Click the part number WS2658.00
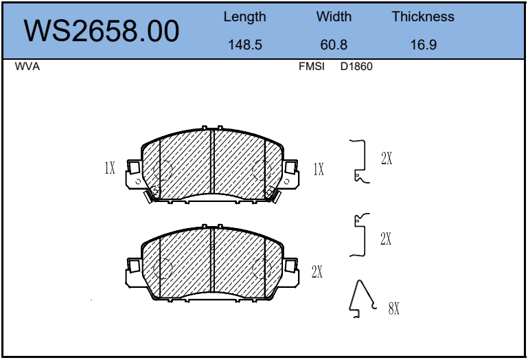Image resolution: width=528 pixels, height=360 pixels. tap(102, 31)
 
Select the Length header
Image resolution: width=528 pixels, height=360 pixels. tap(245, 17)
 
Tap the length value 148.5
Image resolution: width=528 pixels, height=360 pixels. tap(245, 45)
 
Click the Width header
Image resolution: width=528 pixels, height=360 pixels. tap(334, 16)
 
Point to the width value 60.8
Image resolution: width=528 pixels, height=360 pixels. tap(334, 45)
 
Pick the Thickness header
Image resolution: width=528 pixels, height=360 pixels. tap(423, 16)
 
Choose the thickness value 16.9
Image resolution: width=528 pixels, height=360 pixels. tap(423, 45)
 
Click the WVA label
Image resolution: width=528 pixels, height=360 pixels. tap(27, 67)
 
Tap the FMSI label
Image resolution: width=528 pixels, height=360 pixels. tap(312, 67)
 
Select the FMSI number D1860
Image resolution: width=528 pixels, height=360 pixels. tap(356, 67)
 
